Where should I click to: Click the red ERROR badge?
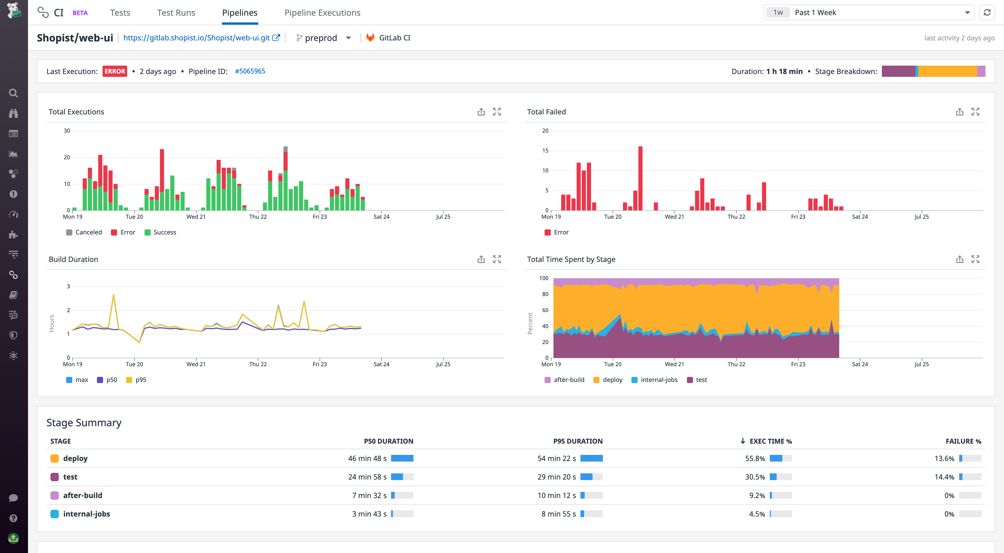pyautogui.click(x=115, y=71)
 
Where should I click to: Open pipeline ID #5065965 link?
pyautogui.click(x=250, y=71)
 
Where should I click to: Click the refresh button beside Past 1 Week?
pyautogui.click(x=987, y=13)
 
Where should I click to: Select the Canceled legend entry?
pyautogui.click(x=84, y=232)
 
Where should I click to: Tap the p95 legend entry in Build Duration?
pyautogui.click(x=136, y=380)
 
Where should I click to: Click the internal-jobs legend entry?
pyautogui.click(x=654, y=380)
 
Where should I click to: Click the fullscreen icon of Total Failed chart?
pyautogui.click(x=975, y=112)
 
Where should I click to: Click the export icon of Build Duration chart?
pyautogui.click(x=481, y=259)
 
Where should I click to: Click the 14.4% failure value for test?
pyautogui.click(x=944, y=477)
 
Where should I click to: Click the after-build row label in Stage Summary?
pyautogui.click(x=83, y=495)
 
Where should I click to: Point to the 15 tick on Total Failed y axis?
pyautogui.click(x=545, y=151)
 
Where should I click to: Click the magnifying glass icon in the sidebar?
pyautogui.click(x=13, y=93)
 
